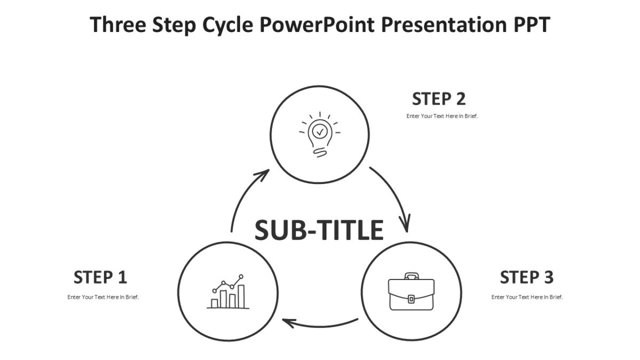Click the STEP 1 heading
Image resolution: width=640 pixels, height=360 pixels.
(100, 277)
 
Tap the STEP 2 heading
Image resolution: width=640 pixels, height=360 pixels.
(439, 99)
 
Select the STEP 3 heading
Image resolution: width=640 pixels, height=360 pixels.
(526, 277)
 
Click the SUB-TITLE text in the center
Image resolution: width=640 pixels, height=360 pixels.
(319, 230)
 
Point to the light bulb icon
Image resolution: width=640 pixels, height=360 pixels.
(319, 134)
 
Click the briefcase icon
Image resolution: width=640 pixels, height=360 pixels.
(411, 292)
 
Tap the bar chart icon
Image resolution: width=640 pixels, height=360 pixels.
(228, 293)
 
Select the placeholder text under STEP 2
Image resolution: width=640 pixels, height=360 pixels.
(442, 116)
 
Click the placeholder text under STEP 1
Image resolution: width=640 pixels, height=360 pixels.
(103, 297)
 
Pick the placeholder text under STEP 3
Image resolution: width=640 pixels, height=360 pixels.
(527, 297)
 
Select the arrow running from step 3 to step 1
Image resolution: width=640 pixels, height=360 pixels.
(320, 324)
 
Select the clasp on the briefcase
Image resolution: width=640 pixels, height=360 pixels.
(411, 299)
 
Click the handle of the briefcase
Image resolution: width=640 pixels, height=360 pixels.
(411, 276)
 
